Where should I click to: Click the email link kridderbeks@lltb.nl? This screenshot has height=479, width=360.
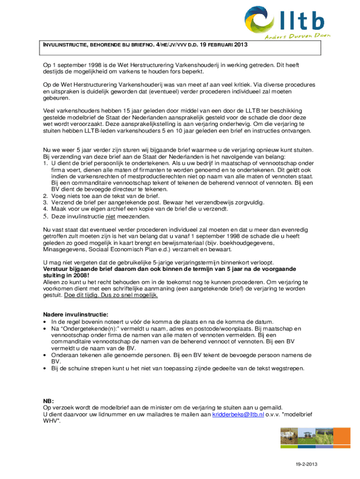(238, 414)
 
